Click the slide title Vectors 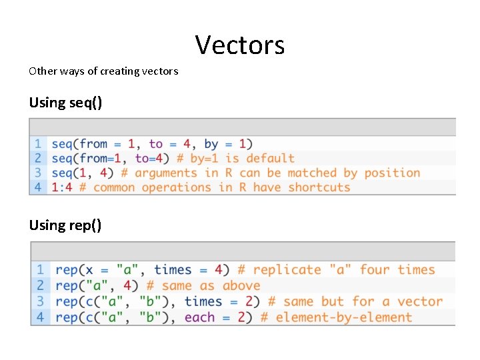[240, 45]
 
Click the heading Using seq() [65, 103]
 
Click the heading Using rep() [65, 225]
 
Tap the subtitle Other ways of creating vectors [103, 71]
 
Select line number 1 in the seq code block [38, 143]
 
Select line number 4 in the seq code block [38, 187]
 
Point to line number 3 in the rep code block [41, 301]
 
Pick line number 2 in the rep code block [41, 285]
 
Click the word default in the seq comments [270, 158]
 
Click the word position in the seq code [392, 173]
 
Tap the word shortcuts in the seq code [319, 187]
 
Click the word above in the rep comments [241, 285]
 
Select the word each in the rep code [200, 317]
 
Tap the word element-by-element [343, 317]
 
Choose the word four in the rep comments [375, 269]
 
